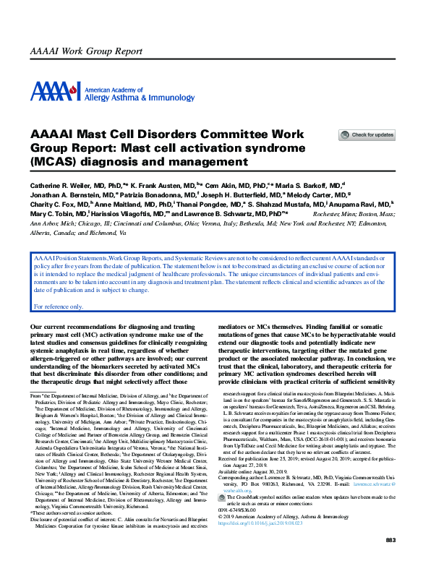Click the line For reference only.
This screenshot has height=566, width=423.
59,306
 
